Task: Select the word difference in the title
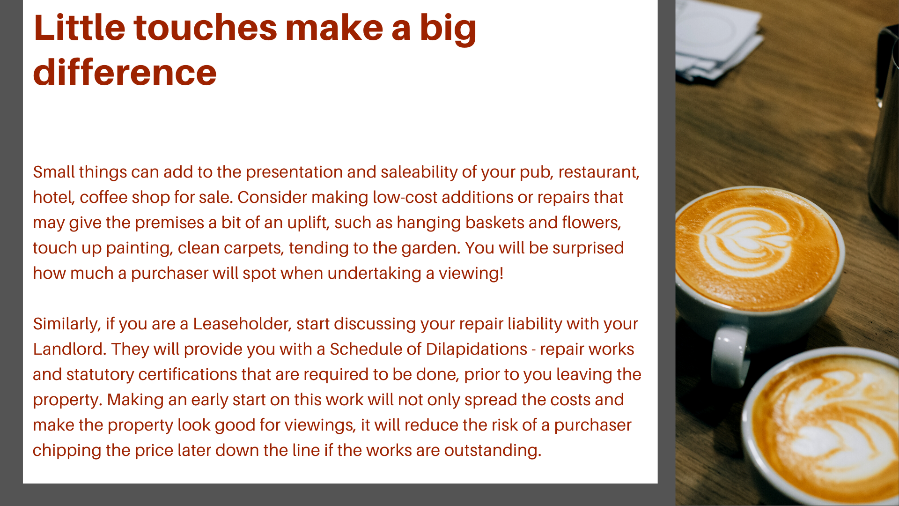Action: [x=125, y=73]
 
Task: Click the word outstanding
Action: [x=493, y=450]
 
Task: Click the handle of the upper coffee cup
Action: [x=728, y=356]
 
